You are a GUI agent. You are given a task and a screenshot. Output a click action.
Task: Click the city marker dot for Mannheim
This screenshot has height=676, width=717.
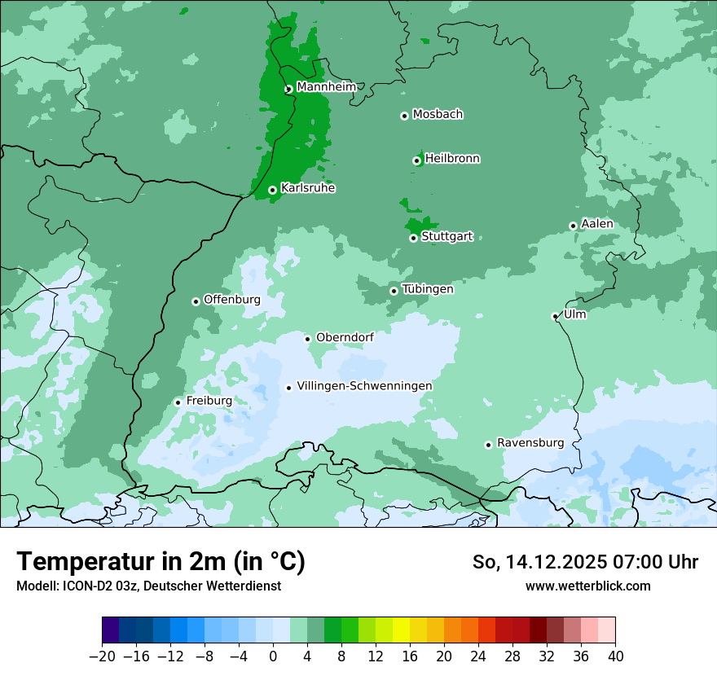click(x=288, y=90)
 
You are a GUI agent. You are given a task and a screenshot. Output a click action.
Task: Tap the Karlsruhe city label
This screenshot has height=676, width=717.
click(x=308, y=188)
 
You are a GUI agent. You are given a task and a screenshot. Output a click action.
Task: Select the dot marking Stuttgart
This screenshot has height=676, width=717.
click(x=414, y=238)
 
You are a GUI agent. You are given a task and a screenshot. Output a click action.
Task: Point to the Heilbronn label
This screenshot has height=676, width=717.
click(x=452, y=159)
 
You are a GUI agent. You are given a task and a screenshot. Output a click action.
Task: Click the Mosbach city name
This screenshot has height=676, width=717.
click(x=438, y=115)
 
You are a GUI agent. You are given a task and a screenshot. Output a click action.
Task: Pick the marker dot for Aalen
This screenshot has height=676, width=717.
click(x=573, y=226)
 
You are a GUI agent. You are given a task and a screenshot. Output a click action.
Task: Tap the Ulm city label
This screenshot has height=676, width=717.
click(x=574, y=314)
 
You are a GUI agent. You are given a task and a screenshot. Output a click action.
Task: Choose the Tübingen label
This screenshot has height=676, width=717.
click(x=428, y=289)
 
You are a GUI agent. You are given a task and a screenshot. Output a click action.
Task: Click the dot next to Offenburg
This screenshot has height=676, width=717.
click(x=196, y=301)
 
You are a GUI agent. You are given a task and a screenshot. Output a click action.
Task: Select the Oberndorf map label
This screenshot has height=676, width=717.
click(x=345, y=337)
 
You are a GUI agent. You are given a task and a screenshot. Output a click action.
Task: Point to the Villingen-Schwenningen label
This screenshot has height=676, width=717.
click(x=364, y=386)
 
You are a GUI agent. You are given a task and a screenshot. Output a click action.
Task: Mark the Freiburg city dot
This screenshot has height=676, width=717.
click(x=178, y=402)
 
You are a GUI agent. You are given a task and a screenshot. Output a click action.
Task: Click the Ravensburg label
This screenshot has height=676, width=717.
click(x=530, y=443)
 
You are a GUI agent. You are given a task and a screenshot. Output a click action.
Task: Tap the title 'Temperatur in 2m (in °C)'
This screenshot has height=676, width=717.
click(x=161, y=562)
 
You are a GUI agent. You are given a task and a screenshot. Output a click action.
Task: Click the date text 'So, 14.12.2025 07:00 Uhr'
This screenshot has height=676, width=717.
click(x=585, y=562)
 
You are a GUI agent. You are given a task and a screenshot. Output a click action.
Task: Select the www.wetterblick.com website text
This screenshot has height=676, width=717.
click(x=587, y=586)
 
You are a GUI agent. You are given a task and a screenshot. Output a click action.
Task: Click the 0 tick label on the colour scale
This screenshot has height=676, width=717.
click(x=273, y=656)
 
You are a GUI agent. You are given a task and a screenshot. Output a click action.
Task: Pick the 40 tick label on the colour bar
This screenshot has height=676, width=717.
click(x=615, y=656)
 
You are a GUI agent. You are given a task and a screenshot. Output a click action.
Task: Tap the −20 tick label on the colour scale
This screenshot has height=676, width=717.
click(x=102, y=656)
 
